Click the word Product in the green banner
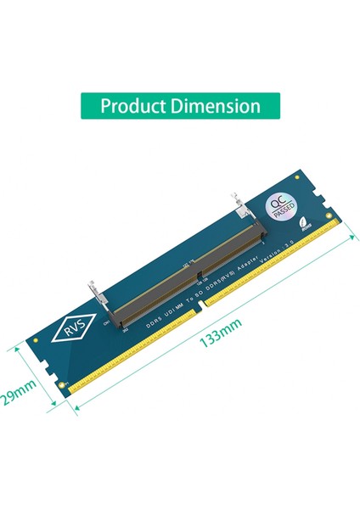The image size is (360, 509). point(137,107)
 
